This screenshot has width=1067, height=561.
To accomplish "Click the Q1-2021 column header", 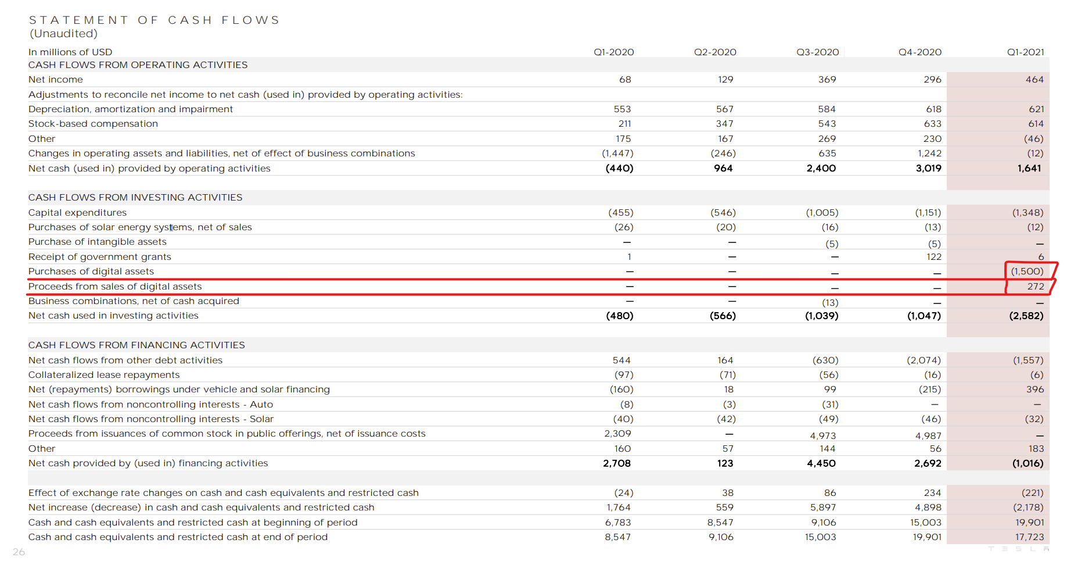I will [x=1025, y=52].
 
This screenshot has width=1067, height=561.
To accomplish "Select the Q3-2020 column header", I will [x=817, y=52].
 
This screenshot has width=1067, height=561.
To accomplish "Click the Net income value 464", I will [x=1034, y=80].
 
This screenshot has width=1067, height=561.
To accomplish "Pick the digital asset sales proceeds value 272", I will [x=1035, y=287].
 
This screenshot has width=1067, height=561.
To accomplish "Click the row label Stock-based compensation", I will [x=93, y=124].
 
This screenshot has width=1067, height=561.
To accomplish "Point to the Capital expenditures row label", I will [x=77, y=213].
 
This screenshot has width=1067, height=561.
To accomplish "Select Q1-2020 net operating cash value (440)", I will [x=619, y=169].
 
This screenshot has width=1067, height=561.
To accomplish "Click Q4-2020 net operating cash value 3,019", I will [x=928, y=169].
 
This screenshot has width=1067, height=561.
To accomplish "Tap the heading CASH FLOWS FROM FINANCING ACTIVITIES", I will [x=136, y=345].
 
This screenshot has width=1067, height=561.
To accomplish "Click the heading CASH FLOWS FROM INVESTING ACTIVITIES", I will [x=135, y=198].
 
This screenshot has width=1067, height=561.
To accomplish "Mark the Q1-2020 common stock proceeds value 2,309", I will [x=617, y=434].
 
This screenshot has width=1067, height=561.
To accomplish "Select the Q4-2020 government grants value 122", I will [x=934, y=257].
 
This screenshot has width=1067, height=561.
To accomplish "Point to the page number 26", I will [x=19, y=552].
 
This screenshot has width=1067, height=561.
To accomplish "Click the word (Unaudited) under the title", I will [x=63, y=34].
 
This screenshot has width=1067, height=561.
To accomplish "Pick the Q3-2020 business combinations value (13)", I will [x=830, y=303].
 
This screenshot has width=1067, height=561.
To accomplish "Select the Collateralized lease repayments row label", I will [x=104, y=375].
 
